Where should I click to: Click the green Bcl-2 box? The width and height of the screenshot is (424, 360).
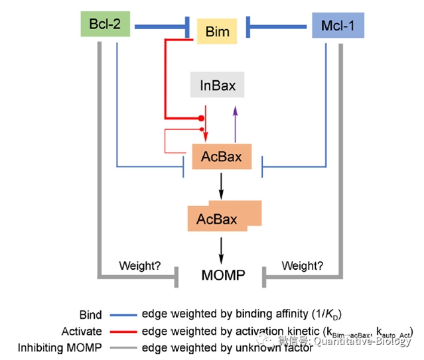105,25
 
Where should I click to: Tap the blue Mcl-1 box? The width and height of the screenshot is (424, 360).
338,27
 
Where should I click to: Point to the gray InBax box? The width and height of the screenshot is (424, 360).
217,86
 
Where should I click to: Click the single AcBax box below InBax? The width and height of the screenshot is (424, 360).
221,157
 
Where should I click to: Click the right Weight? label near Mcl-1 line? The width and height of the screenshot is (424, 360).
303,266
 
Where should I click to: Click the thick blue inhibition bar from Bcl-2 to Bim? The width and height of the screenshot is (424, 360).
159,28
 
